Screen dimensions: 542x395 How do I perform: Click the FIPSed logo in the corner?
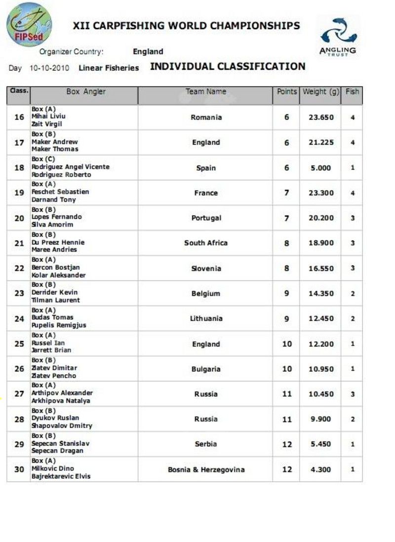[x=29, y=25]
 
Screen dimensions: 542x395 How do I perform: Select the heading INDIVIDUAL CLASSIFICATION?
[x=228, y=67]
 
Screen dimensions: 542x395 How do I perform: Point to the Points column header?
[x=286, y=92]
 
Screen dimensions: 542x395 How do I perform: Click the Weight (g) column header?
[x=320, y=92]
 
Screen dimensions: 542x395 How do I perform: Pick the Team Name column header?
[x=206, y=92]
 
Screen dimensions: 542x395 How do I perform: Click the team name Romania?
[x=206, y=117]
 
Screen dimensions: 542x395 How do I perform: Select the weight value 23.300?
[x=321, y=193]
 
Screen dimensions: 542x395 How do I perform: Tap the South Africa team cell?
[x=206, y=243]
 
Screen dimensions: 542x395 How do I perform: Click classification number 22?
[x=19, y=268]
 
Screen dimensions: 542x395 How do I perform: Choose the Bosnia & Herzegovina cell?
[x=206, y=470]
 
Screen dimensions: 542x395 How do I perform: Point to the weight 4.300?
[x=321, y=470]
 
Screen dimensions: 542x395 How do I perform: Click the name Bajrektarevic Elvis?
[x=61, y=476]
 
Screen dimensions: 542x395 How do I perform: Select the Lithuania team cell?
[x=206, y=319]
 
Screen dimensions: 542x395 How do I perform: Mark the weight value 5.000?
[x=321, y=168]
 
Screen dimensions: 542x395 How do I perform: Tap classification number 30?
[x=19, y=470]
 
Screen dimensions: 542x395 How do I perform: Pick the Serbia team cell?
[x=206, y=444]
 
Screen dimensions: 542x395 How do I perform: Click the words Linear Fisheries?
[x=109, y=68]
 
